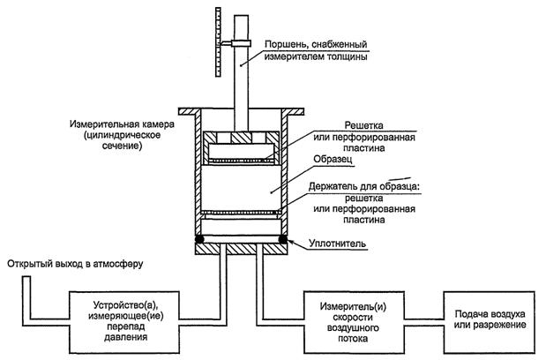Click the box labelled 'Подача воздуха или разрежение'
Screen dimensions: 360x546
490,318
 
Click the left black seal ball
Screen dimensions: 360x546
200,238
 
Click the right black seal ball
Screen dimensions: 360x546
284,238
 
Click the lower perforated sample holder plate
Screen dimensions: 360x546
243,213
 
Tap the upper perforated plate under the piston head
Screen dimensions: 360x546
243,160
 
